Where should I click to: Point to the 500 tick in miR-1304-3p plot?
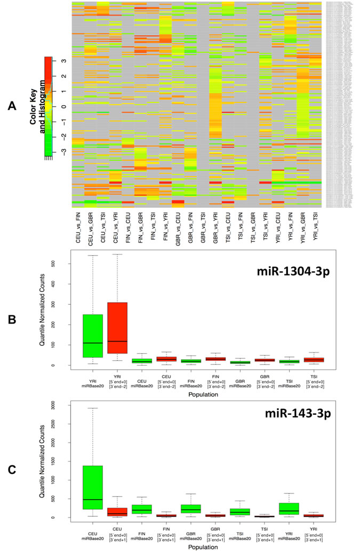tap(55, 264)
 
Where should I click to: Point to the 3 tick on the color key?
tap(62, 61)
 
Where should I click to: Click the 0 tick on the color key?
tap(62, 107)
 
